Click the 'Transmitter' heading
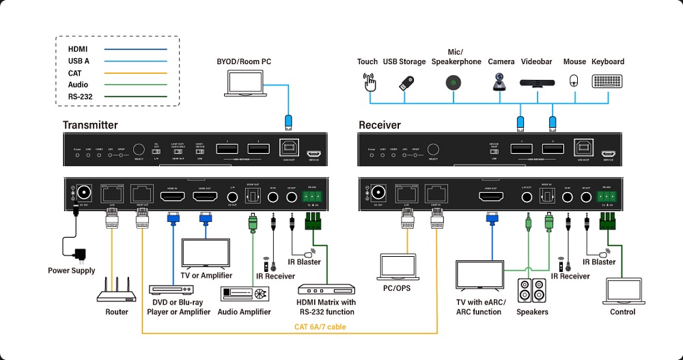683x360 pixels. [90, 125]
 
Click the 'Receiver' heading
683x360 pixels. [380, 125]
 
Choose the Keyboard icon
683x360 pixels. [607, 81]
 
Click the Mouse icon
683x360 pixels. [574, 81]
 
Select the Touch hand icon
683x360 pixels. [369, 83]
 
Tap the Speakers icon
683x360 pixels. [531, 291]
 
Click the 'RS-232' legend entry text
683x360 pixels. [81, 97]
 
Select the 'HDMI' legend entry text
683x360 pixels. [78, 49]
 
